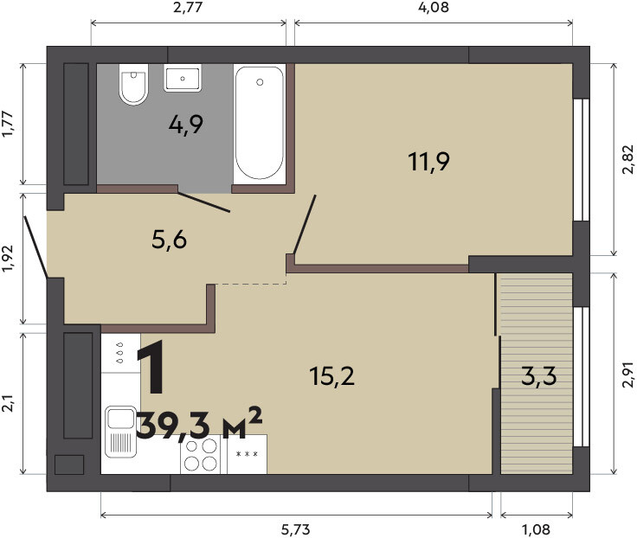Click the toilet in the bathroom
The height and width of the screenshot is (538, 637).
click(x=132, y=85)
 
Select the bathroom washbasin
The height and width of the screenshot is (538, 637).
click(x=183, y=78)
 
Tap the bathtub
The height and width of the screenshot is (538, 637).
click(x=259, y=123)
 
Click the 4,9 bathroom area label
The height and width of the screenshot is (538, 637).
click(x=186, y=125)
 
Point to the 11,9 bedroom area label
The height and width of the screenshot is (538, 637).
click(x=428, y=161)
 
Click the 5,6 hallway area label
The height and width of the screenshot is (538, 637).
click(x=169, y=239)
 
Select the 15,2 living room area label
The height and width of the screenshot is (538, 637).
click(x=331, y=375)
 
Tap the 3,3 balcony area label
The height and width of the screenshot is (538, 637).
click(x=538, y=376)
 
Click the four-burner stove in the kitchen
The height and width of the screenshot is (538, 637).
click(x=200, y=454)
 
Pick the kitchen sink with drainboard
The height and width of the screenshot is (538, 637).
click(x=120, y=432)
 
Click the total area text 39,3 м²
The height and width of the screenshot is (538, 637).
click(x=199, y=425)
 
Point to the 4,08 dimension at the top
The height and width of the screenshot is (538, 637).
click(x=434, y=7)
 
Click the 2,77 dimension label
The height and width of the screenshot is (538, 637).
click(x=188, y=7)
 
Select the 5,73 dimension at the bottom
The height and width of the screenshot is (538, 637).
click(x=296, y=529)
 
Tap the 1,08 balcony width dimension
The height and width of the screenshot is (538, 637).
click(x=537, y=529)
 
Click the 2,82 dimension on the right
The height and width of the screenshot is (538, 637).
click(x=627, y=159)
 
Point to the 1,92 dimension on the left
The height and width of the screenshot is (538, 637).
click(x=8, y=259)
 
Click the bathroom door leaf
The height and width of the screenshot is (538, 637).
click(x=204, y=202)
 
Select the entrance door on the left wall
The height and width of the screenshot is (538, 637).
click(x=35, y=247)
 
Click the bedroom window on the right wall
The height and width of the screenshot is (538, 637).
click(x=581, y=159)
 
